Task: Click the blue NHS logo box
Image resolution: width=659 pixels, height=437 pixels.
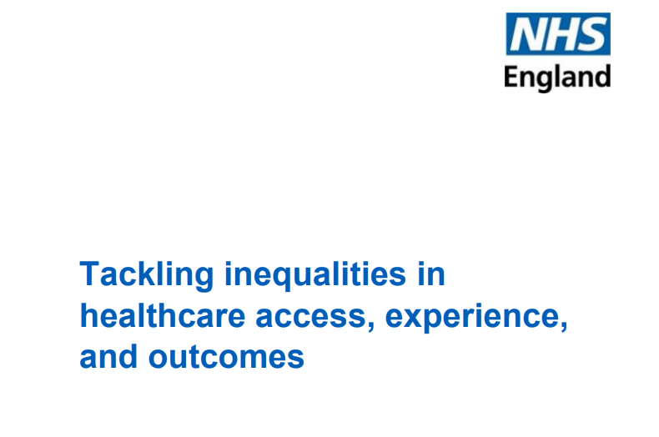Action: pos(557,35)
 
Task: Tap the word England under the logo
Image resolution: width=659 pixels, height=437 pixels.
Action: pos(557,78)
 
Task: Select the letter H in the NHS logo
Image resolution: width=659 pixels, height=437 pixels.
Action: pos(558,35)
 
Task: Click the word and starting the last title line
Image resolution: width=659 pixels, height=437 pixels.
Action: pos(108,357)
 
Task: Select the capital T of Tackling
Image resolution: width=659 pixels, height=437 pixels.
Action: pos(88,274)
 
